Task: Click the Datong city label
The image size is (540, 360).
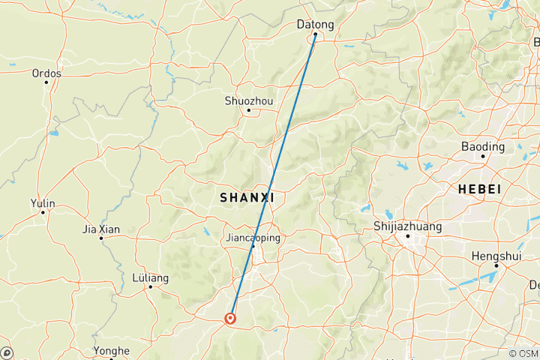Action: pos(315,25)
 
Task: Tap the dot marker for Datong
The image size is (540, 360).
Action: pos(315,34)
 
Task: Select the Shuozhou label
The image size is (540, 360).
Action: pos(249,100)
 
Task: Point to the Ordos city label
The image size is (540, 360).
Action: pos(46,73)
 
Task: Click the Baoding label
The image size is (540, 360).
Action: pos(483,145)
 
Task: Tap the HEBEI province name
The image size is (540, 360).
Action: pos(478,190)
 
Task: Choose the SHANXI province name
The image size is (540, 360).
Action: pos(247,197)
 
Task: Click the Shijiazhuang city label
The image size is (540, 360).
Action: pos(407,226)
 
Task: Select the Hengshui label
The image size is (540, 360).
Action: pos(496,256)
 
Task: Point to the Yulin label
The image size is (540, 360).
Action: pos(43,202)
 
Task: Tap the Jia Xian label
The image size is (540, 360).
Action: pos(101,229)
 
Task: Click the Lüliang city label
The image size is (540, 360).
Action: pos(150,277)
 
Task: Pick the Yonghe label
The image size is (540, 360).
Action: pos(111,350)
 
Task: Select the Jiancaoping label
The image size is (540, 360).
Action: pos(253,238)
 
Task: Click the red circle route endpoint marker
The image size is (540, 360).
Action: pos(230,318)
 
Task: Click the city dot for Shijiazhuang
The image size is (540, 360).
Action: pos(407,236)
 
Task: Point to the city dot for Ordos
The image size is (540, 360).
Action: pos(46,82)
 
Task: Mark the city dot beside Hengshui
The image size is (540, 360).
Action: pos(496,265)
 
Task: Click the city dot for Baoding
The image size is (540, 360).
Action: pos(483,155)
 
